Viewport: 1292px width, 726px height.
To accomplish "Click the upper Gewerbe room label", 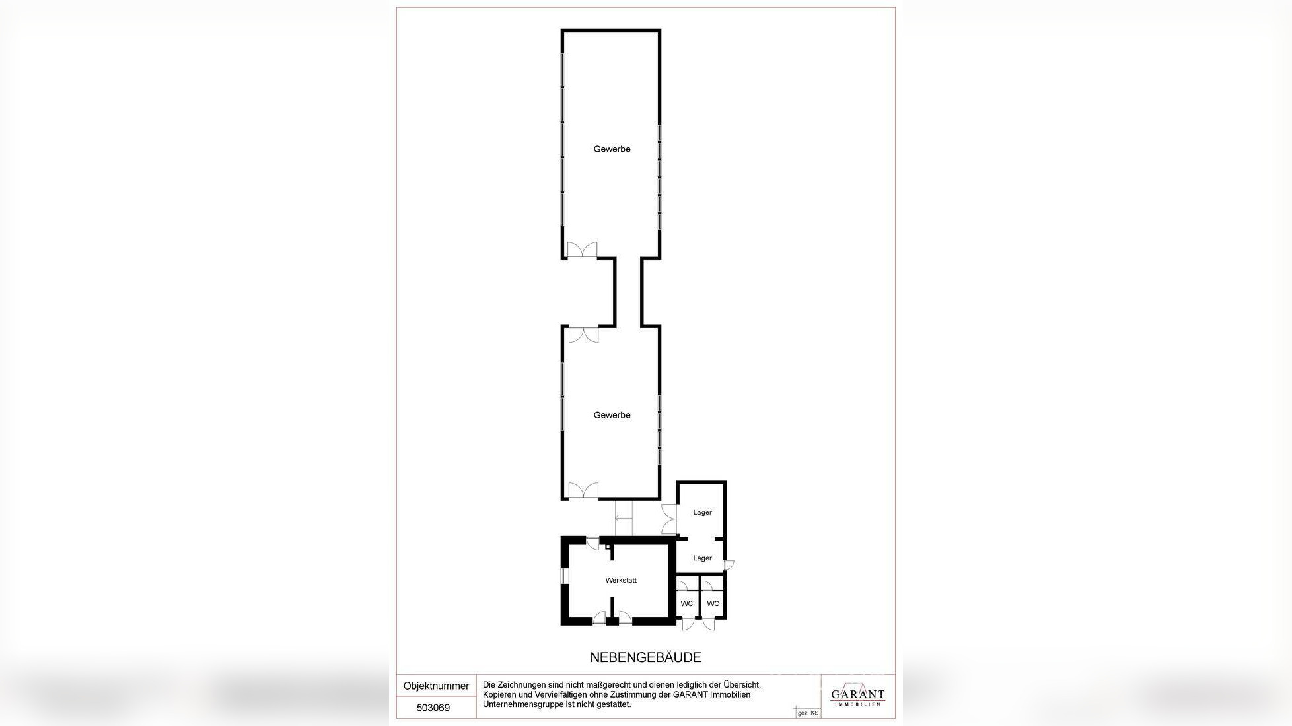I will click(612, 149).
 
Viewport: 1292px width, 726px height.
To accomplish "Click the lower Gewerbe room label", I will click(612, 415).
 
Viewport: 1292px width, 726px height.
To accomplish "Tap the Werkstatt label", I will click(621, 581).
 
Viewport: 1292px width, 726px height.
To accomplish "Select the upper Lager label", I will click(702, 512).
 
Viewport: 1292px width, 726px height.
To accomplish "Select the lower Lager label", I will click(702, 558).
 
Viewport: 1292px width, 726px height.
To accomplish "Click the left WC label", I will click(687, 604).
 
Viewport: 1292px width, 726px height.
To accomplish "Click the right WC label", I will click(713, 604).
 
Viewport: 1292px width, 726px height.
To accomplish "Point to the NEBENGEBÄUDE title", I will click(645, 657).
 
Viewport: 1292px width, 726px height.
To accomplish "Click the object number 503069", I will click(433, 708).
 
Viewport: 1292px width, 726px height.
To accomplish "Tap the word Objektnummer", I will click(436, 686).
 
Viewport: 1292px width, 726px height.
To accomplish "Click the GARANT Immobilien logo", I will click(857, 696).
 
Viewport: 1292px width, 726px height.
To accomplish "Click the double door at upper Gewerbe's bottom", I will click(582, 250).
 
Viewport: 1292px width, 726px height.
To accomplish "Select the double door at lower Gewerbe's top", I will click(583, 335).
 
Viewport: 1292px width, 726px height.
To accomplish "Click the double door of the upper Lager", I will click(669, 519).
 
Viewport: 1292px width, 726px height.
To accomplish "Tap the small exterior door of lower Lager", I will click(729, 565).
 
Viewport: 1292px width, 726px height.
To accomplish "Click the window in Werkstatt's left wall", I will click(563, 576).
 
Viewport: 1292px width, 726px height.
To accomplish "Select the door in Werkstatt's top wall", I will click(593, 544).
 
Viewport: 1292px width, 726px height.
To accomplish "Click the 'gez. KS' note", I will click(808, 713).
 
